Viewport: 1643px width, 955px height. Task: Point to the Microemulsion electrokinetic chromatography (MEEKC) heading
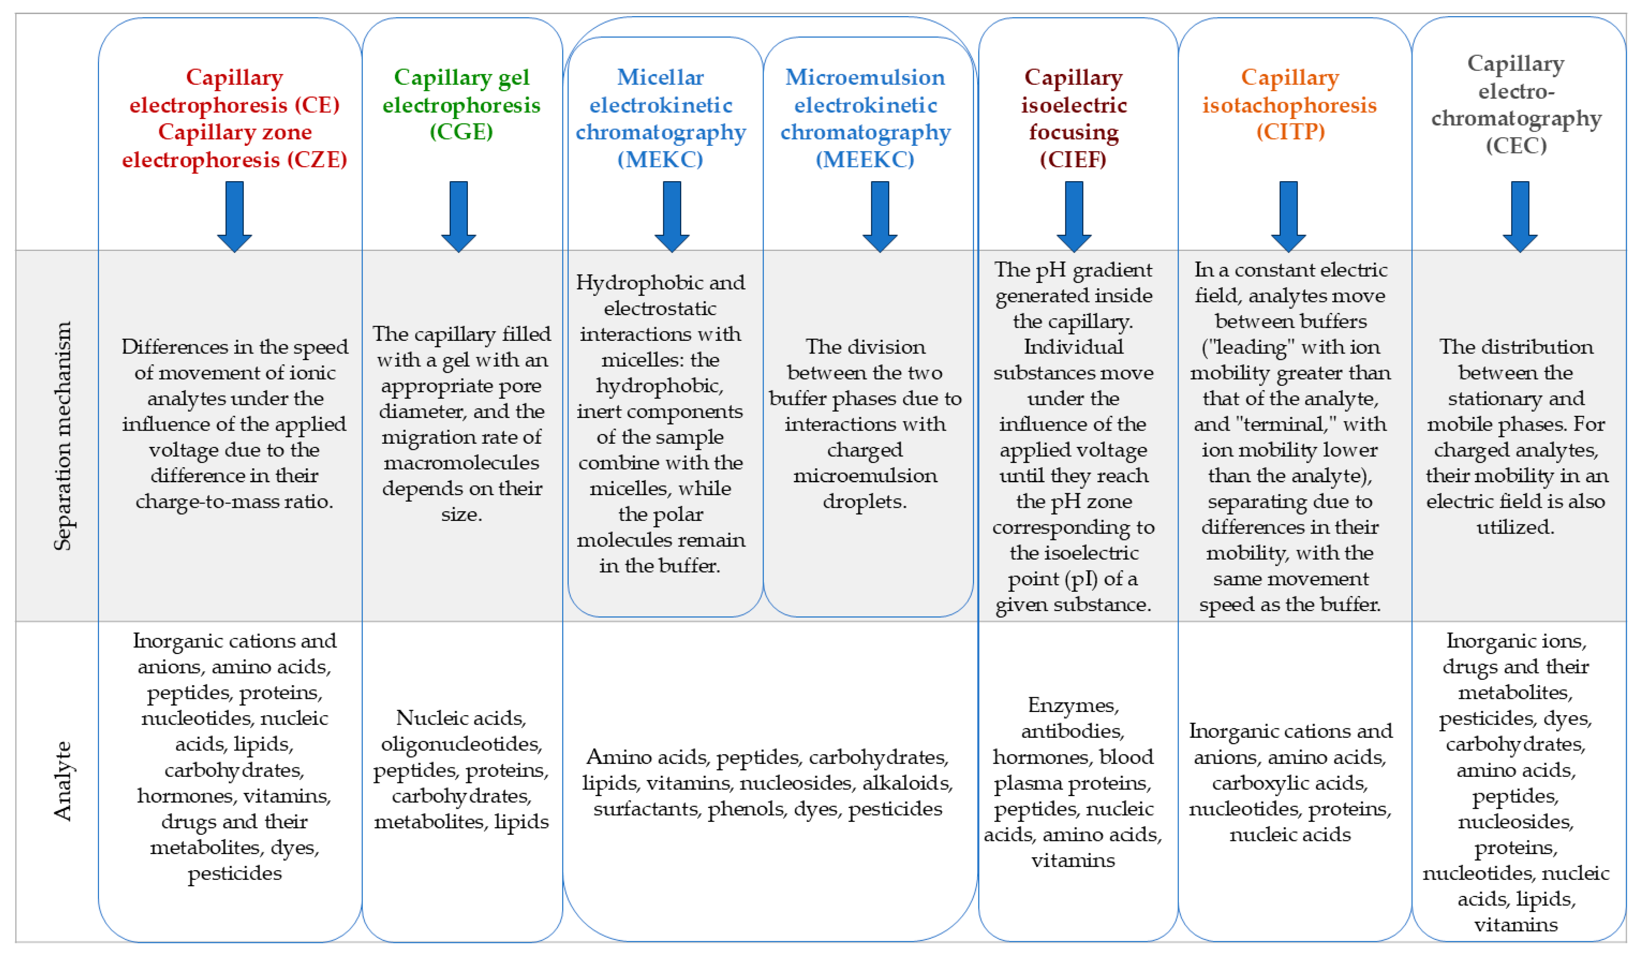pyautogui.click(x=865, y=118)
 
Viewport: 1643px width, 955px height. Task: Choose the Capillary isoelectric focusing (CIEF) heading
pyautogui.click(x=1073, y=118)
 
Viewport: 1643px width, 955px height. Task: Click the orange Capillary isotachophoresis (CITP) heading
pyautogui.click(x=1289, y=104)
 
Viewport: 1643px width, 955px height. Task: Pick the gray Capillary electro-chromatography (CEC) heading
pyautogui.click(x=1516, y=104)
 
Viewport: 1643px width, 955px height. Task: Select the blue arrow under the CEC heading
pyautogui.click(x=1520, y=216)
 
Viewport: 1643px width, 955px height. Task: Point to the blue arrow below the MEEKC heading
pyautogui.click(x=880, y=216)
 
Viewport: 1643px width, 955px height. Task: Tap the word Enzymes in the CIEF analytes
pyautogui.click(x=1073, y=706)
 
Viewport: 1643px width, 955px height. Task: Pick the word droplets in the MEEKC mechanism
pyautogui.click(x=865, y=501)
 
